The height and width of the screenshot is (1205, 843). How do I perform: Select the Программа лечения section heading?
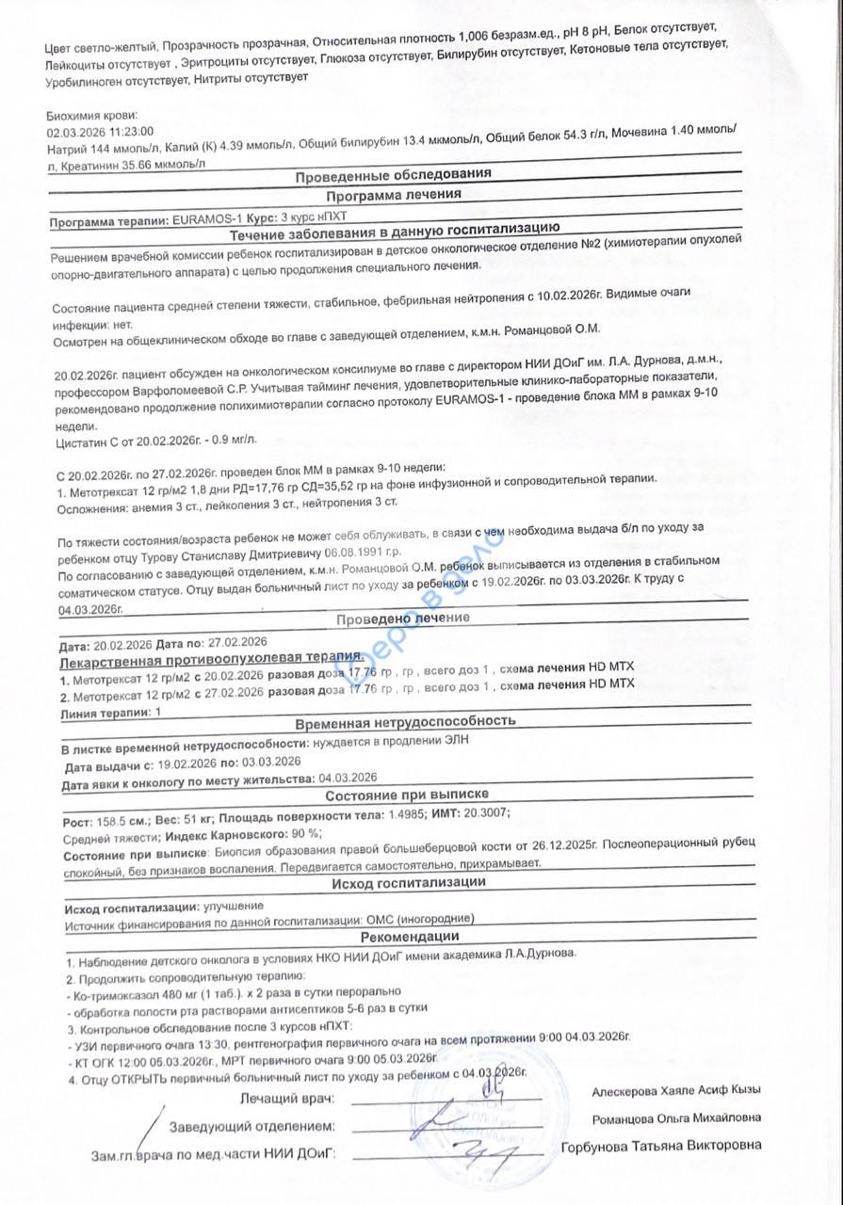(x=393, y=196)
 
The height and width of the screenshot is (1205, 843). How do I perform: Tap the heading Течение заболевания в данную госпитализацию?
(x=395, y=228)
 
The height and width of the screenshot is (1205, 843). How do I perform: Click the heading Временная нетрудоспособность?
(x=405, y=721)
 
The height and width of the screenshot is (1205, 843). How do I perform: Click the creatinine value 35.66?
(x=146, y=164)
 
